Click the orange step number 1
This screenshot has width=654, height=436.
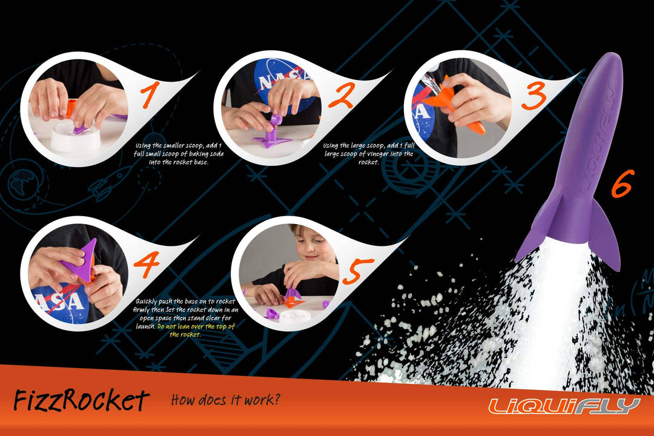point(150,97)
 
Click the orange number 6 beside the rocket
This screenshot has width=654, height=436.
point(622,183)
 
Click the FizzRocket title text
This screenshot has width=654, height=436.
point(81,400)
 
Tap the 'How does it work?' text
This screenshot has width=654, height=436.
point(226,400)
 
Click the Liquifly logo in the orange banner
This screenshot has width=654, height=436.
point(564,405)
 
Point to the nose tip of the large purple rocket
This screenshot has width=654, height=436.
point(611,56)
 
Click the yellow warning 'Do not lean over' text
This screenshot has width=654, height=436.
point(196,330)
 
